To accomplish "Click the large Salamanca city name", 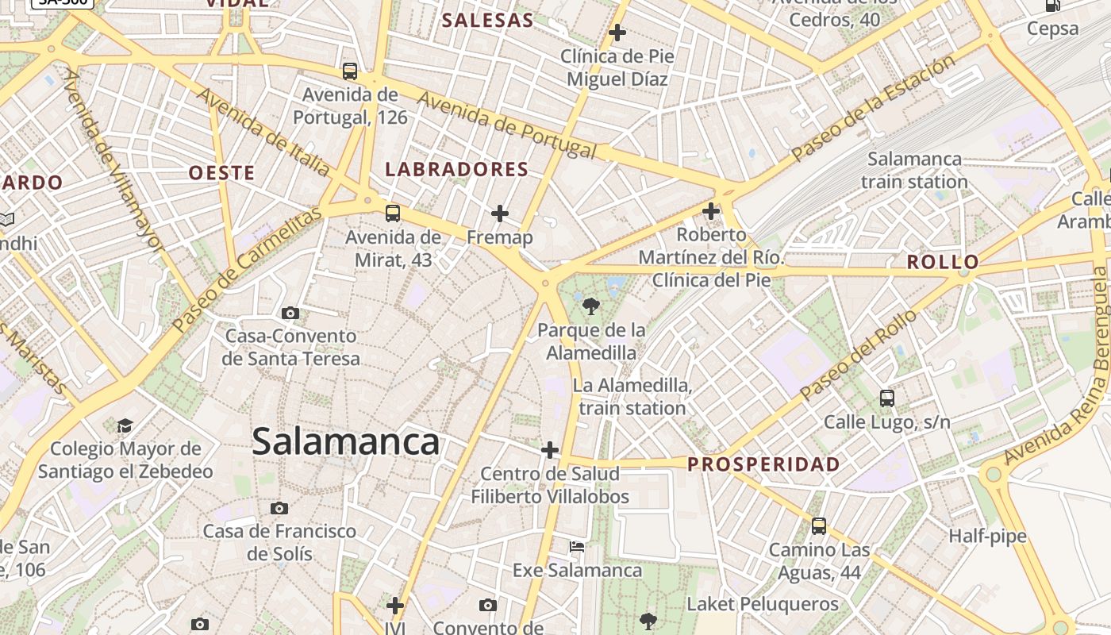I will [x=345, y=442].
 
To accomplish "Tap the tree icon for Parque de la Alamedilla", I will [x=590, y=306].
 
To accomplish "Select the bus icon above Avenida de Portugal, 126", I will [x=350, y=71].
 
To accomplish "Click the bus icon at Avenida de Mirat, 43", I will [x=393, y=213].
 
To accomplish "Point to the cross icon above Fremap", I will [x=499, y=214].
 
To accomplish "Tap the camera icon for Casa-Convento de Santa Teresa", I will [x=290, y=313].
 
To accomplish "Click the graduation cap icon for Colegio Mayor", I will [x=125, y=426].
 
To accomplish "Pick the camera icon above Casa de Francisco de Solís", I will [x=279, y=508].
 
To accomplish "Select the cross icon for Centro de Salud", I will [x=550, y=450].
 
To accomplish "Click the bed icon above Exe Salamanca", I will [x=577, y=547].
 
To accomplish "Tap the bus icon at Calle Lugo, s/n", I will [x=886, y=398].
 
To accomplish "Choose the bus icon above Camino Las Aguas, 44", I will [x=819, y=525].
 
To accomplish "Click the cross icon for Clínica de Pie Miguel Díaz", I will [x=617, y=33].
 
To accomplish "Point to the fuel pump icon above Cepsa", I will [x=1053, y=6].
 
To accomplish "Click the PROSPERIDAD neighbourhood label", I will [x=763, y=464].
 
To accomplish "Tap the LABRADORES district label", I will [x=456, y=169].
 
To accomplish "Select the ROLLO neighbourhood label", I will [x=942, y=262].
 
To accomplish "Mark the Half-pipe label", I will [x=987, y=537].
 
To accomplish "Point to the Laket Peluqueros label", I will [x=762, y=604].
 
